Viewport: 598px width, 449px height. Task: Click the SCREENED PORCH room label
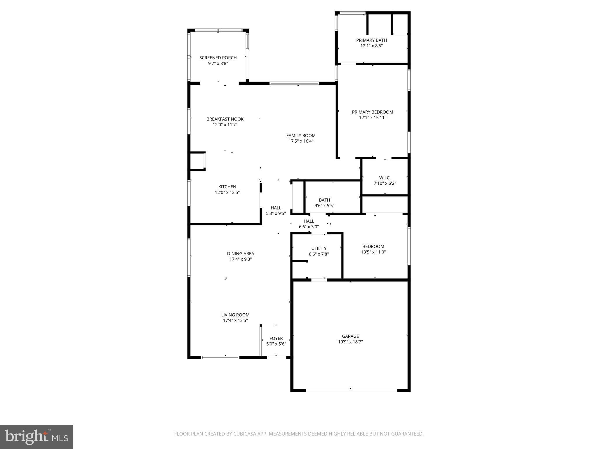coord(218,58)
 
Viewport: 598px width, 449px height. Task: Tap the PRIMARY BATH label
coord(371,40)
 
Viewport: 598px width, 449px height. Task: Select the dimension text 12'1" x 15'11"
coord(373,118)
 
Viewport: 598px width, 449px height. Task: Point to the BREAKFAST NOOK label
coord(225,119)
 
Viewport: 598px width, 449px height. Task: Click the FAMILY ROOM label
coord(301,136)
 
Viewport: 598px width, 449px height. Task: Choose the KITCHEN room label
coord(227,187)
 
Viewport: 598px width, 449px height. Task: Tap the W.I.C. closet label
coord(385,178)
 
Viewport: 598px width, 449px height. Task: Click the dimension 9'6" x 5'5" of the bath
coord(324,206)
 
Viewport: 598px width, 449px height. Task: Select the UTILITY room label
coord(319,248)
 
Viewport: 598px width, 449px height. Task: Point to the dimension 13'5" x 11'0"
coord(373,252)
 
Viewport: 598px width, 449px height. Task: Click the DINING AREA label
coord(241,254)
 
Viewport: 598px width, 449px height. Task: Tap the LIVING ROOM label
coord(235,315)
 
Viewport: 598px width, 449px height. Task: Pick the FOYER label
coord(276,339)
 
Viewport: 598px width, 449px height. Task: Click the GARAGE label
coord(350,336)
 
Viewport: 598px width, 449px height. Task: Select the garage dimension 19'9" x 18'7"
coord(350,342)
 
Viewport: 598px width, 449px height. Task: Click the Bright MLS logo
coord(36,437)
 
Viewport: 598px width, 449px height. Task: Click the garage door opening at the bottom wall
coord(351,390)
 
